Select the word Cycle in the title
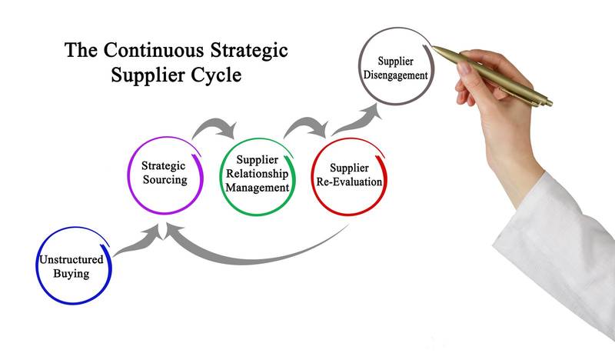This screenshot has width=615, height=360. click(x=218, y=76)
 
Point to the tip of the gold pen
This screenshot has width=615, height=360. click(x=435, y=48)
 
